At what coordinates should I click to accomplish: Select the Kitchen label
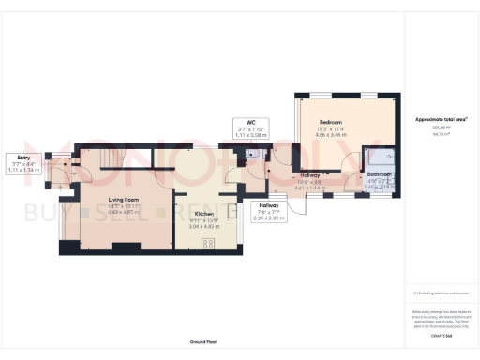click(203, 213)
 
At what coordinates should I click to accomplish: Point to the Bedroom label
click(330, 122)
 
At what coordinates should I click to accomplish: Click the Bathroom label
click(379, 174)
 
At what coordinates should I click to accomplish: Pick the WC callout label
click(251, 122)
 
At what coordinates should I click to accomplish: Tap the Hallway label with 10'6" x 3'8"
click(309, 175)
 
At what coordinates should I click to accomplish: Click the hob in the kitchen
click(209, 244)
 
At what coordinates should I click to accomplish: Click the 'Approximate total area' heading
click(441, 120)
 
